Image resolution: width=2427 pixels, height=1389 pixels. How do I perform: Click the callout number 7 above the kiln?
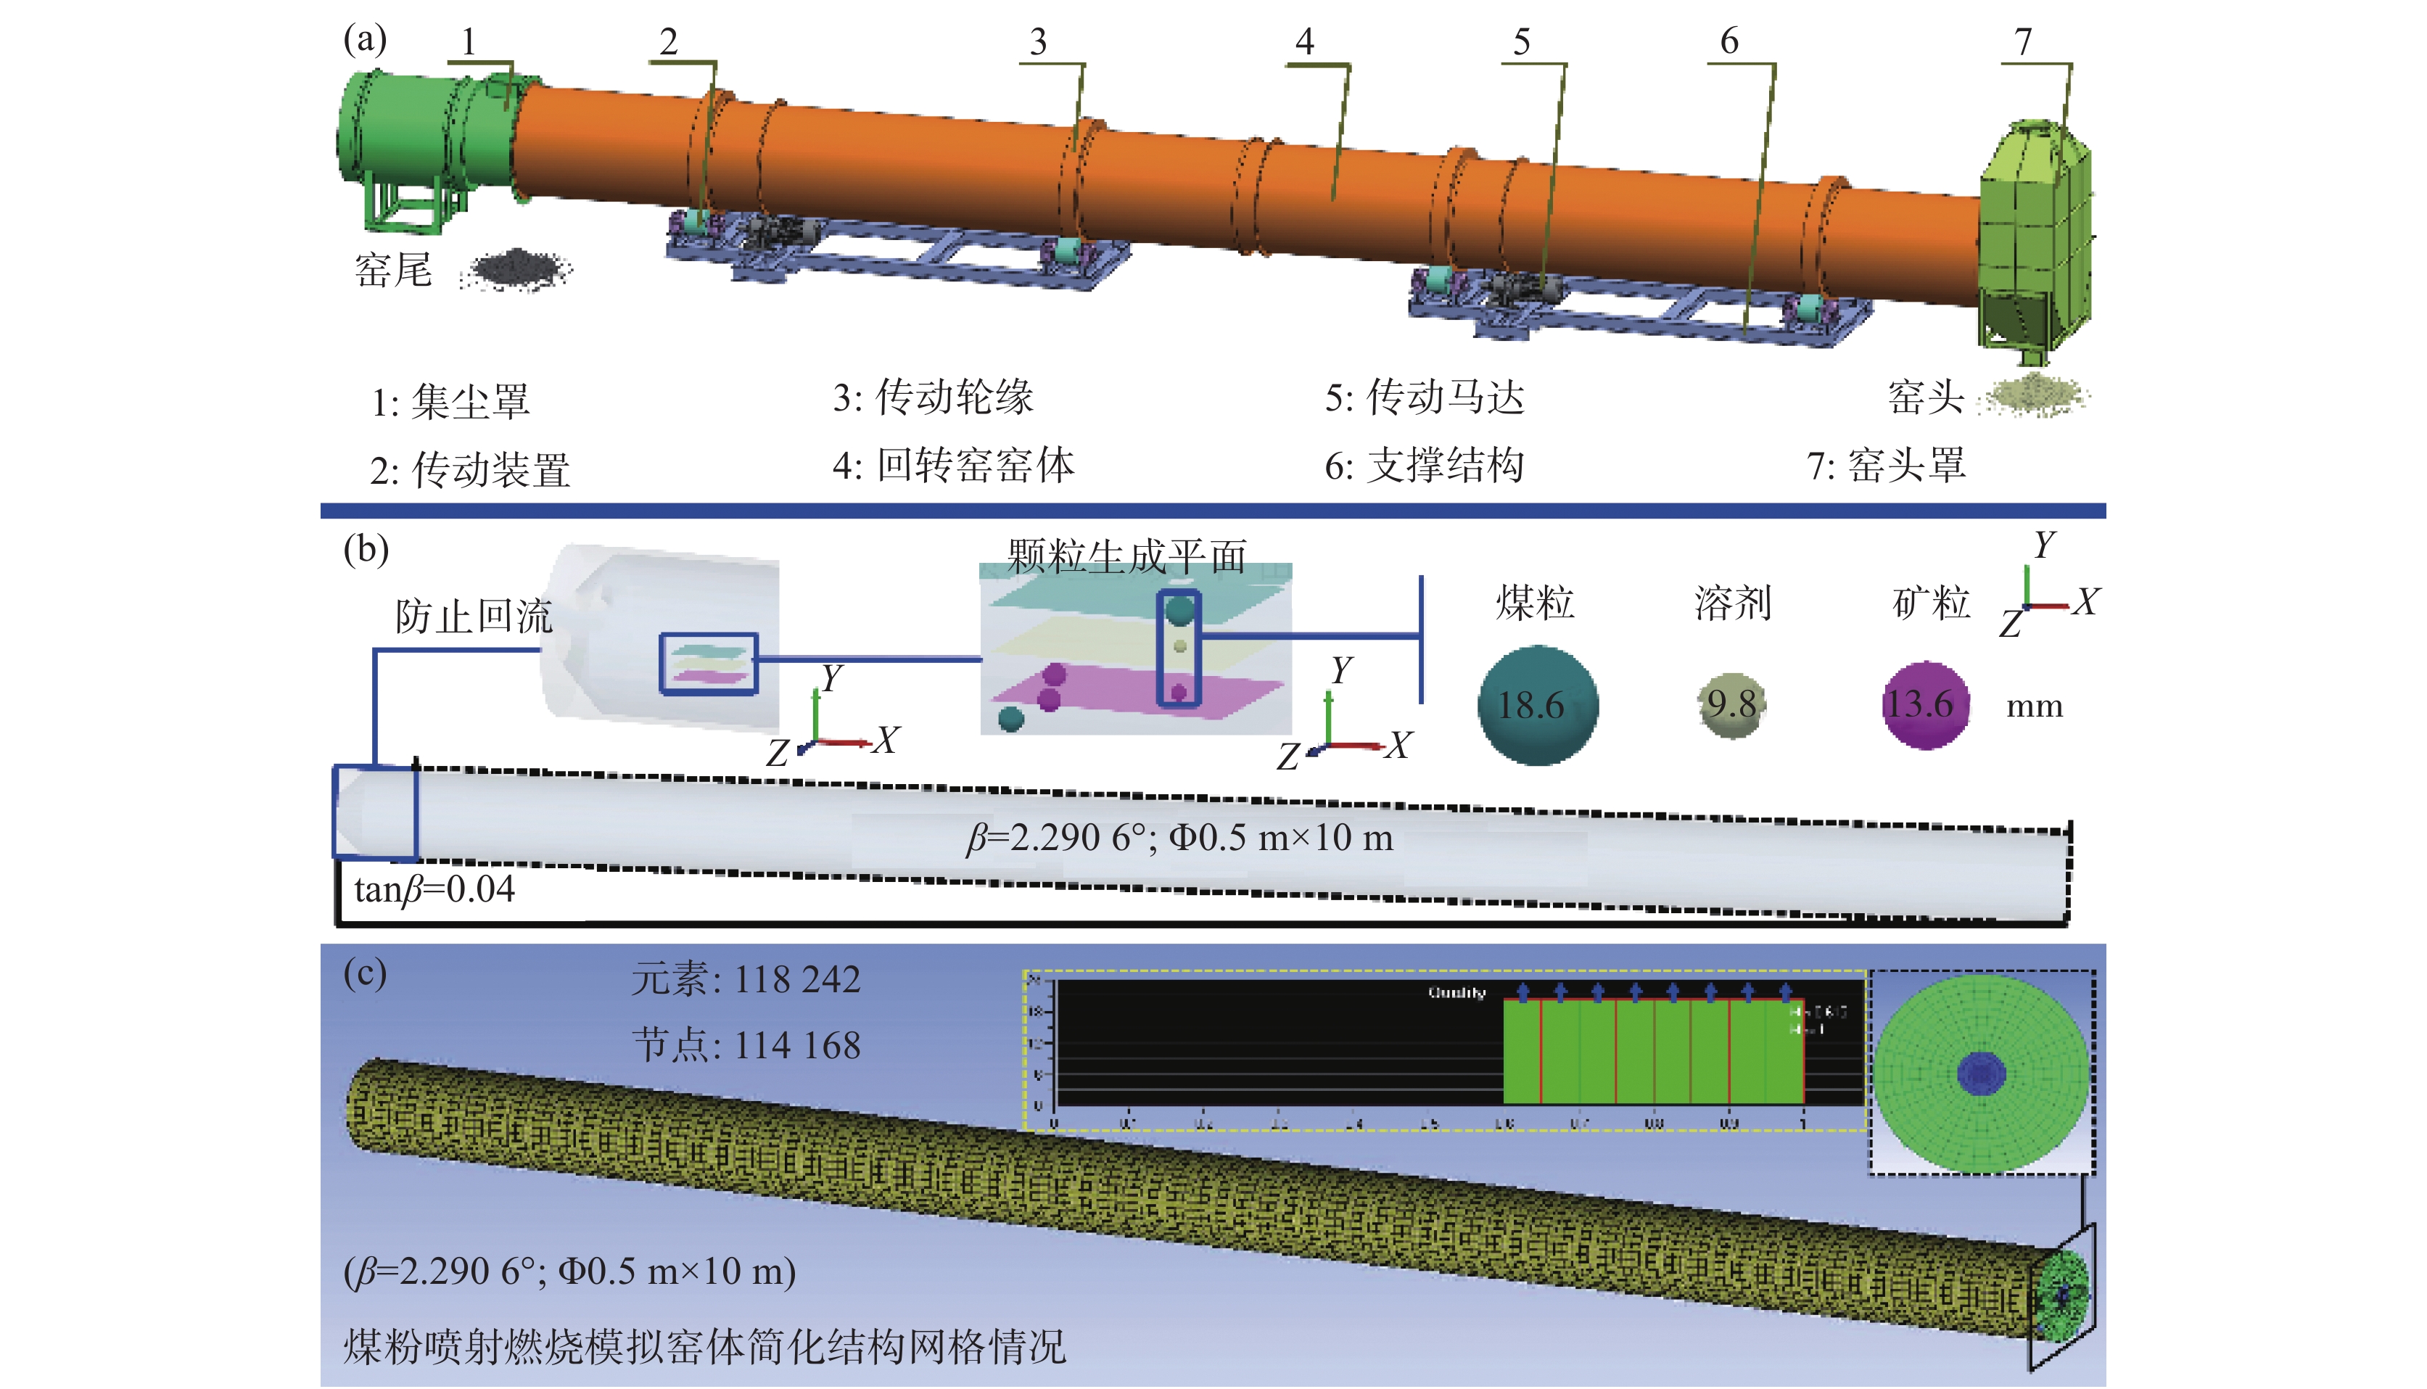tap(2022, 41)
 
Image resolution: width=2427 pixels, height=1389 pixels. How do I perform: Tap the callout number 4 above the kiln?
tap(1304, 41)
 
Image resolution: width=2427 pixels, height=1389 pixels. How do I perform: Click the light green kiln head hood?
tap(2035, 239)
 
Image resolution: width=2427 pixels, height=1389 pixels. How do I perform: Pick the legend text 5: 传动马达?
tap(1425, 397)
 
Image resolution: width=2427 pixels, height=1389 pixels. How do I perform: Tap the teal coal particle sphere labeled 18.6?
tap(1537, 706)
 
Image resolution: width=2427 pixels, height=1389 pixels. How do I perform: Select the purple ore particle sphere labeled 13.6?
tap(1924, 705)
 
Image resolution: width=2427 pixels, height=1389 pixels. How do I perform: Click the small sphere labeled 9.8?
tap(1731, 705)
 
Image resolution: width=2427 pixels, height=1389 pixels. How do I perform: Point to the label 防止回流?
tap(474, 617)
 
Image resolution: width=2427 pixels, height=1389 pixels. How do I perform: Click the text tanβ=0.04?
tap(434, 889)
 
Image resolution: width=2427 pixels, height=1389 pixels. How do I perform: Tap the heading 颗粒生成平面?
tap(1126, 556)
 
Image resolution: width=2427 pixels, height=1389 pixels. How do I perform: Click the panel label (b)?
tap(366, 550)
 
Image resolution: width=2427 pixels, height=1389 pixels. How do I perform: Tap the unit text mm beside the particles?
tap(2034, 707)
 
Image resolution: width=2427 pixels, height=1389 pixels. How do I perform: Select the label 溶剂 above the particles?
tap(1732, 603)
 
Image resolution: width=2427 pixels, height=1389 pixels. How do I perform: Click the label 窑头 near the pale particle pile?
tap(1925, 397)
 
